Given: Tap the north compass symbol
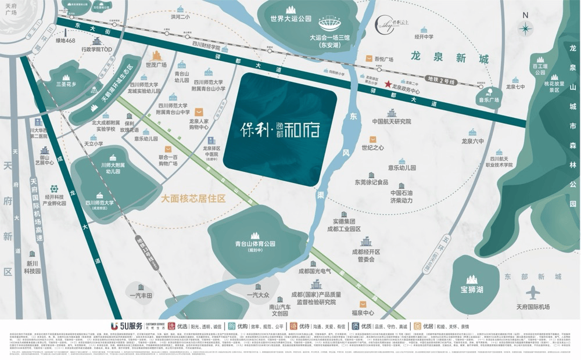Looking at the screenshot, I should [x=525, y=27].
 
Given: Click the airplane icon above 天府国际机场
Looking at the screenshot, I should [x=533, y=293].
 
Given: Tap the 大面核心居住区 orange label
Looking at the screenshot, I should [x=193, y=199].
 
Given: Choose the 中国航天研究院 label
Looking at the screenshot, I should [x=391, y=121].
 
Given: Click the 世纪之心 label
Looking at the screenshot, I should [x=372, y=147].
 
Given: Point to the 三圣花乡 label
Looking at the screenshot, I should [x=66, y=84].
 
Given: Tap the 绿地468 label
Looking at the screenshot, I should [x=66, y=41].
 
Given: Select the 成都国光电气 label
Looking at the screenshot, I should [x=314, y=271].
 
